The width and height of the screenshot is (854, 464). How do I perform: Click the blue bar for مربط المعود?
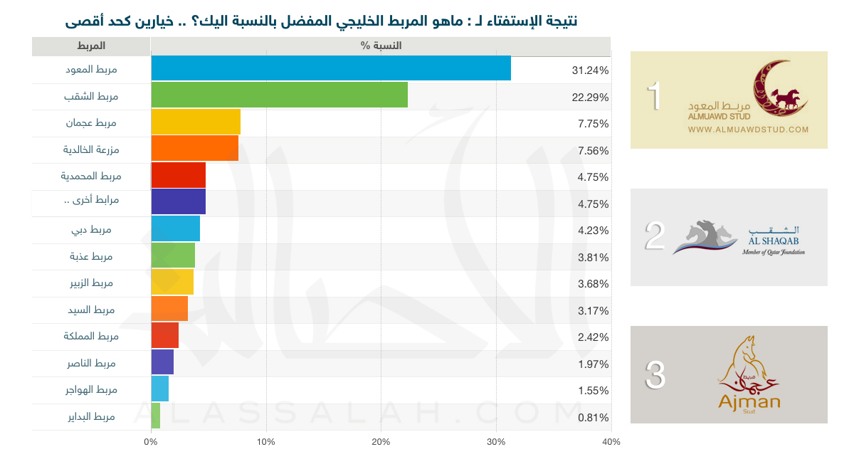331,68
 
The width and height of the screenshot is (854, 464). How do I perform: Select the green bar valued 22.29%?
280,95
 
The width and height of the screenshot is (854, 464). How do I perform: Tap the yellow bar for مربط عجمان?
196,122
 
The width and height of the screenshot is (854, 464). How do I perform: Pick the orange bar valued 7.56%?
195,148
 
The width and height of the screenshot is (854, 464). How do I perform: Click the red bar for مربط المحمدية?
179,175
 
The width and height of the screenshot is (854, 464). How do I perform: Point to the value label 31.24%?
590,70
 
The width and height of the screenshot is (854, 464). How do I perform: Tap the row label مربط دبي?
98,230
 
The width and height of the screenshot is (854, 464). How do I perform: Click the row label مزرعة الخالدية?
90,149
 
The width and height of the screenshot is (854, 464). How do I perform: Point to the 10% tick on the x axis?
265,442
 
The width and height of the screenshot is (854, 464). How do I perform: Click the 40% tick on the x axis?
611,442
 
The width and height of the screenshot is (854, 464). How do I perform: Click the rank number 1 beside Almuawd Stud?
654,97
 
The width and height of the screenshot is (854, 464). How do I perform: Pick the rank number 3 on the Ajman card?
655,375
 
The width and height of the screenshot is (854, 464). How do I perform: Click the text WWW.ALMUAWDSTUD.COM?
749,130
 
